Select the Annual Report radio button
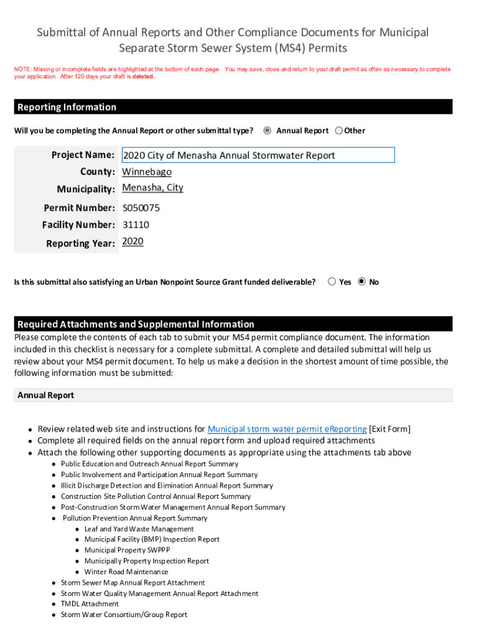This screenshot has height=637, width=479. pyautogui.click(x=267, y=131)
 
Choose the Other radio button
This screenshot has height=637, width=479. pyautogui.click(x=338, y=131)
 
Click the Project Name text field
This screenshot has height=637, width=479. pyautogui.click(x=258, y=156)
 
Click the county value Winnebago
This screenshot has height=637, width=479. pyautogui.click(x=147, y=172)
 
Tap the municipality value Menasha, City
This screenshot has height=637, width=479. pyautogui.click(x=152, y=188)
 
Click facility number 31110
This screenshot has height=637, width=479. pyautogui.click(x=136, y=225)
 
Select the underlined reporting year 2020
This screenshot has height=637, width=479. pyautogui.click(x=133, y=241)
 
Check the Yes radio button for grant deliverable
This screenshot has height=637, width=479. pyautogui.click(x=332, y=282)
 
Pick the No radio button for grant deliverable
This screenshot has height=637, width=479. pyautogui.click(x=362, y=282)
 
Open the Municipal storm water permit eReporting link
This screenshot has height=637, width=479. pyautogui.click(x=287, y=429)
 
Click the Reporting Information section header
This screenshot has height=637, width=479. pyautogui.click(x=67, y=107)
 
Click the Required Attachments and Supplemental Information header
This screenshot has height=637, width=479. pyautogui.click(x=136, y=324)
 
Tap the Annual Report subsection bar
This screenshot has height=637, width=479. pyautogui.click(x=233, y=395)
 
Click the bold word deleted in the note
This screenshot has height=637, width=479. pyautogui.click(x=143, y=77)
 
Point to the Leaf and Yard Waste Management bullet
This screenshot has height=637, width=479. pyautogui.click(x=139, y=529)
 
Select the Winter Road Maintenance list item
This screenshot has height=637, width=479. pyautogui.click(x=126, y=572)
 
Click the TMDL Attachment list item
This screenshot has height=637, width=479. pyautogui.click(x=90, y=604)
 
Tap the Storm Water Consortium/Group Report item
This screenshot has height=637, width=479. pyautogui.click(x=124, y=615)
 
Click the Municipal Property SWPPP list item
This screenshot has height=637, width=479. pyautogui.click(x=127, y=550)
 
